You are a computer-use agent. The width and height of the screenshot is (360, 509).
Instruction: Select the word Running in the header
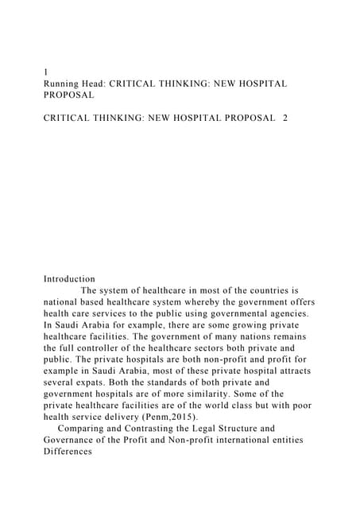point(64,83)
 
